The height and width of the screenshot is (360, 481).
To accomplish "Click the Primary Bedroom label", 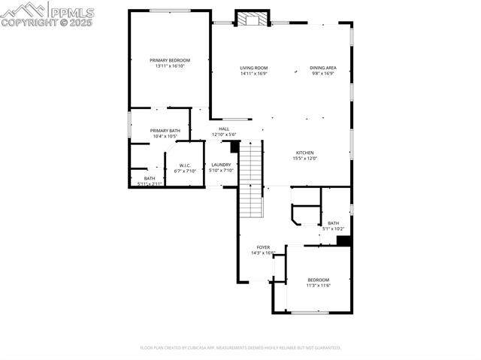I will point(169,60).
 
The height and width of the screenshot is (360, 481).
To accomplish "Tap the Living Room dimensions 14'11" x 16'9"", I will point(253,74).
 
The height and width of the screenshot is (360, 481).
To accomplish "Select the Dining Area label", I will point(323,68).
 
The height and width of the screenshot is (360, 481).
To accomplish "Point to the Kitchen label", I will point(304,152).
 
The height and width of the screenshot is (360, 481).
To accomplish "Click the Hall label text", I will point(224,129).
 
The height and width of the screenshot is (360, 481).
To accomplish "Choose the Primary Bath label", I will point(165,131).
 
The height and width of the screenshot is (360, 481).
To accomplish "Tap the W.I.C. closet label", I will point(185,165).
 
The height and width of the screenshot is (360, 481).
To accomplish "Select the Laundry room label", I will point(221,165).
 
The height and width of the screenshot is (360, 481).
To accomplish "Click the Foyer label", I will point(263,247).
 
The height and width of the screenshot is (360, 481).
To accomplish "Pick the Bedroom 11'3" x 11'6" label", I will point(318,280).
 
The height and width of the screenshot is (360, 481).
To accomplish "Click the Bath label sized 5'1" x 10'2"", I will point(333,223).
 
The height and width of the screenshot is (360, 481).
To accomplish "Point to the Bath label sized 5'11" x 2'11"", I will point(150,178).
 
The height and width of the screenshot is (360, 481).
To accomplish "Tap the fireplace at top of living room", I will point(250,19).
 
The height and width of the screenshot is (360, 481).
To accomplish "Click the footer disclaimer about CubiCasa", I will point(240,348).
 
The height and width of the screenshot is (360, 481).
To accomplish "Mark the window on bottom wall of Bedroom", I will point(309,313).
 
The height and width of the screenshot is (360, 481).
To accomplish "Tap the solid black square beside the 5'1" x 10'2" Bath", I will point(343,241).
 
